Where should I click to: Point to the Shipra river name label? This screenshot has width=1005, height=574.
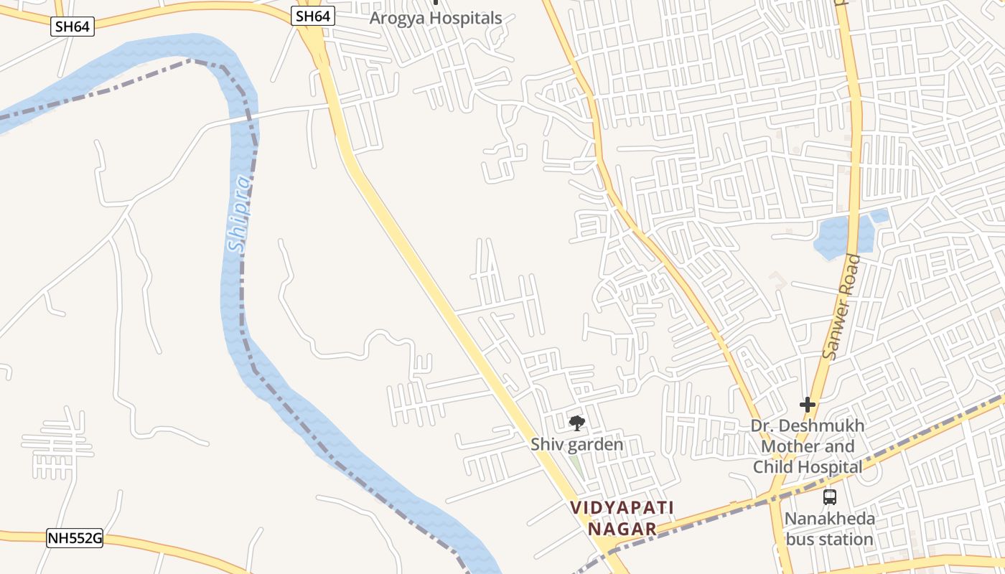tap(240, 214)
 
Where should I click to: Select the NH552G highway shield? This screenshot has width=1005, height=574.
tap(75, 538)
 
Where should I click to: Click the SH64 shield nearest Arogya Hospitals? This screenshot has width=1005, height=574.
tap(314, 16)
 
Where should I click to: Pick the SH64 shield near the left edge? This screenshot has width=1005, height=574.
tap(73, 27)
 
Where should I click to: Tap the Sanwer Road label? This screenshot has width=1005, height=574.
tap(842, 307)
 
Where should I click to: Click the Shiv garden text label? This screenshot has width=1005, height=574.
tap(577, 445)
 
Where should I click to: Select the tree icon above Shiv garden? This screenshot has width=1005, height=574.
tap(576, 423)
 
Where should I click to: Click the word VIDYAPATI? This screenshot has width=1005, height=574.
tap(622, 508)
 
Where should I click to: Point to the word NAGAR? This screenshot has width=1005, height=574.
tap(622, 530)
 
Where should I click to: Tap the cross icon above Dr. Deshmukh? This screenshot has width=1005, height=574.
tap(808, 405)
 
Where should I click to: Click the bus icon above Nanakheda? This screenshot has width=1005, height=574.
tap(829, 497)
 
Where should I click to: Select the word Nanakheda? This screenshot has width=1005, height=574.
tap(829, 519)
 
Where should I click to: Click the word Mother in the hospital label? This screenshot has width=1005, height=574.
tap(787, 446)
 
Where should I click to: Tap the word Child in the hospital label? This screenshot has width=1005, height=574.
tap(772, 467)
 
